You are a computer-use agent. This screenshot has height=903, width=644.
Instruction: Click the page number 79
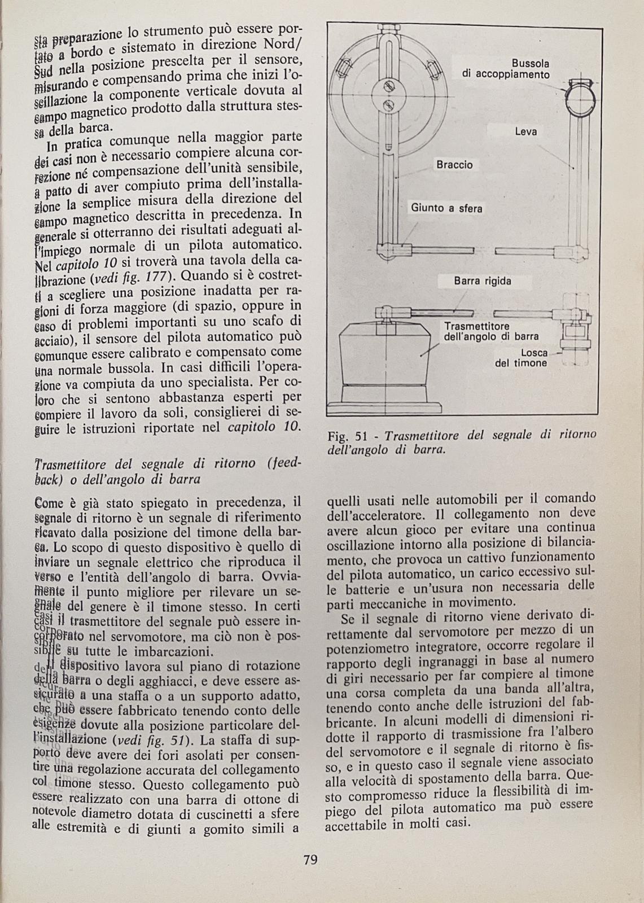click(x=310, y=860)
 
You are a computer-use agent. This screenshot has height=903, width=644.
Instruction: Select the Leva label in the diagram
click(x=525, y=131)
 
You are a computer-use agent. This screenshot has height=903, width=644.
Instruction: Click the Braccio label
click(x=454, y=165)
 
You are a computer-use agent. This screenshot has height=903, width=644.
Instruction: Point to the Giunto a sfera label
click(x=446, y=208)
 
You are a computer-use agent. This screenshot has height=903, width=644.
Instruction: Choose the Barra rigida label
click(x=482, y=280)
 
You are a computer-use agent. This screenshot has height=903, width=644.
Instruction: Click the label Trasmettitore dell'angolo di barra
click(x=491, y=332)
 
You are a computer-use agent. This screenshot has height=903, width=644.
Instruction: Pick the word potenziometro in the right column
click(x=367, y=643)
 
